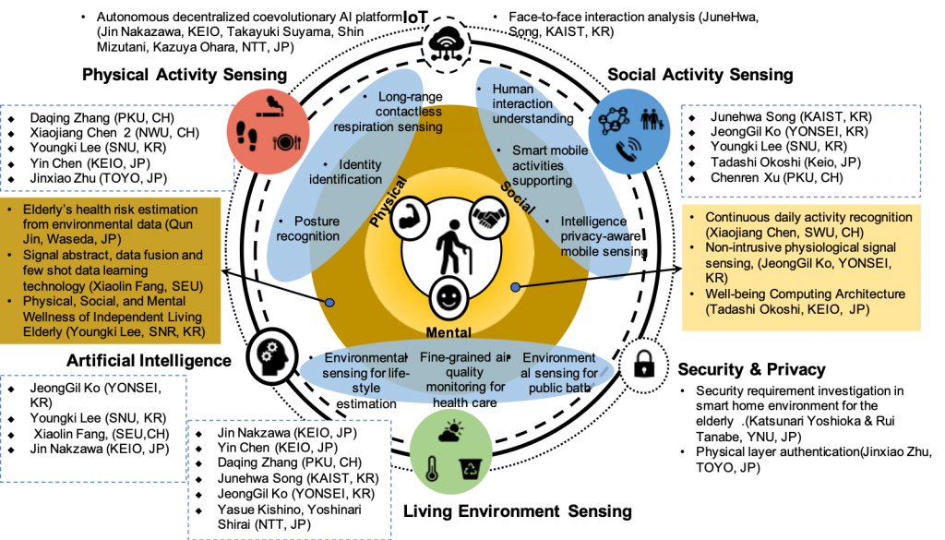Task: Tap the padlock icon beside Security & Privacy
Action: pos(643,364)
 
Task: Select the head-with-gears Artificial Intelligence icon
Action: pos(272,355)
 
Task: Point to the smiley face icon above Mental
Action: pos(449,298)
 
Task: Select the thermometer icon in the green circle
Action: pos(432,468)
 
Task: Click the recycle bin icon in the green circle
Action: pos(470,468)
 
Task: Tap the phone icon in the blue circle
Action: pos(629,149)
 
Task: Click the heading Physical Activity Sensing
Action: pos(185,75)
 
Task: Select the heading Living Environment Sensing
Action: pos(518,511)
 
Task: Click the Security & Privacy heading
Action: pos(751,369)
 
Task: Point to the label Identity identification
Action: pos(345,172)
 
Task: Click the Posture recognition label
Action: pos(308,228)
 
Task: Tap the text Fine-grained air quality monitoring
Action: pos(465,372)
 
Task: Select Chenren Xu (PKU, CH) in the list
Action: pos(777,178)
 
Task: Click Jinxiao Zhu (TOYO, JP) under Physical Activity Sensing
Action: pos(98,178)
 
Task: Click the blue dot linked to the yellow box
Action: pos(515,288)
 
